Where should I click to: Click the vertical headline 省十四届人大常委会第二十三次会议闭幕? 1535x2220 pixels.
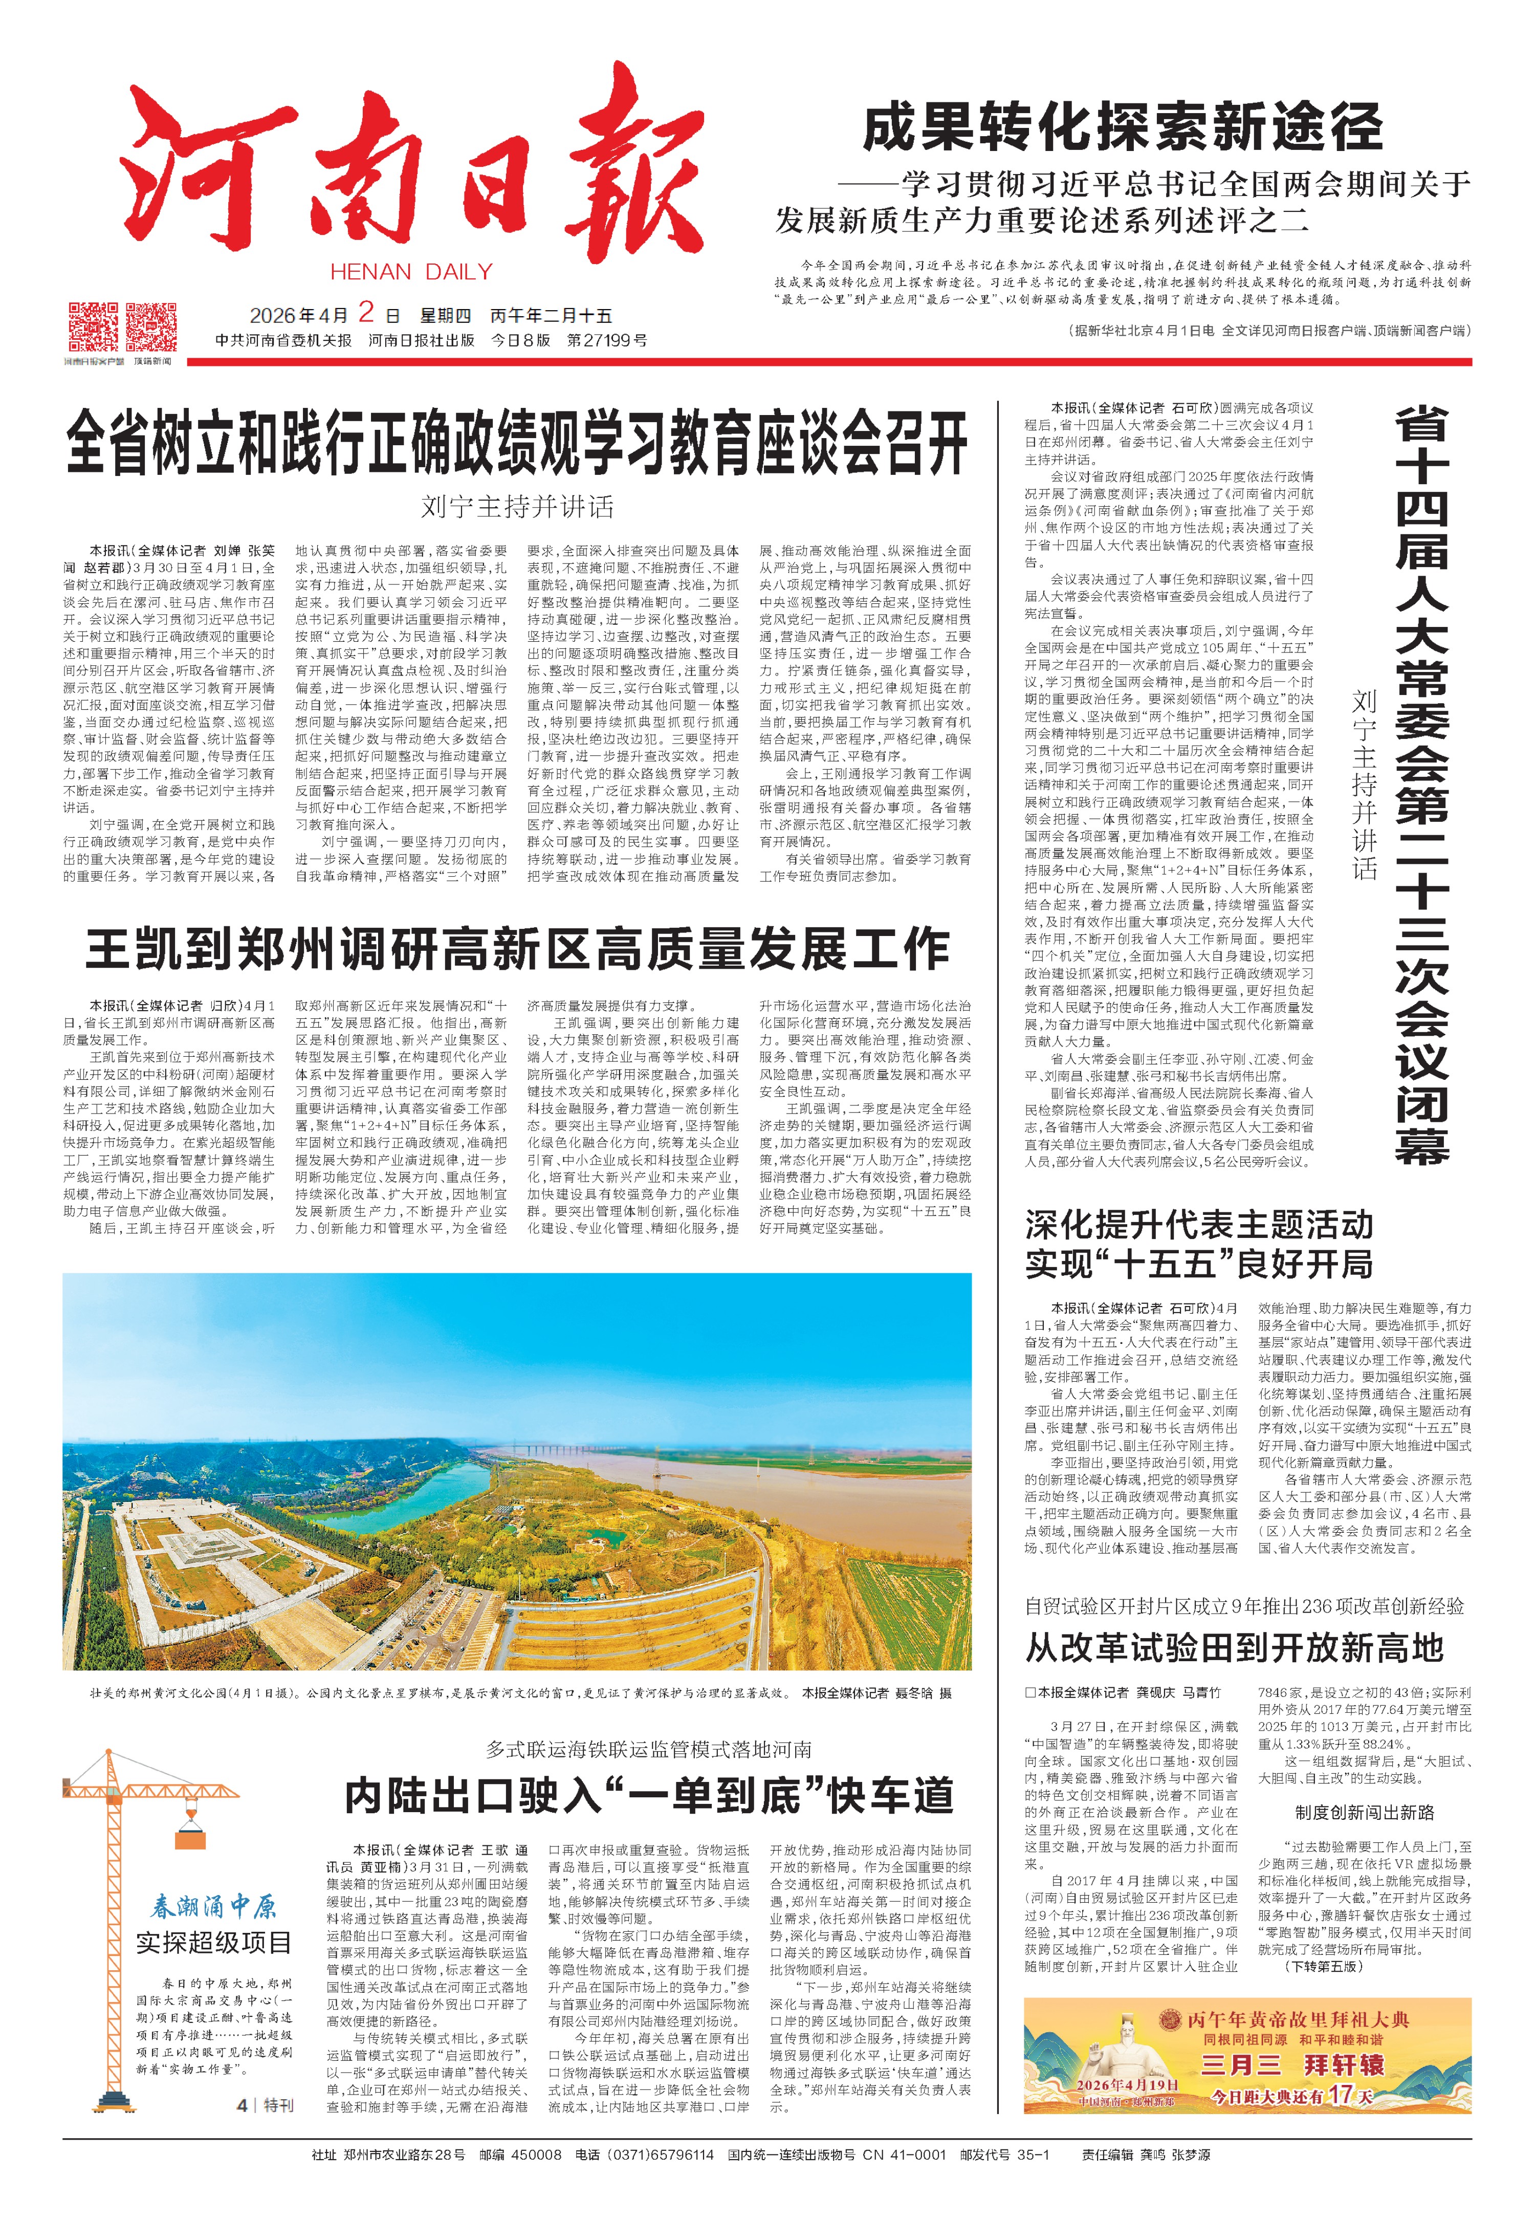click(1421, 784)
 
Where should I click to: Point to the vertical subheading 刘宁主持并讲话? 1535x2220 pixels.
click(1364, 784)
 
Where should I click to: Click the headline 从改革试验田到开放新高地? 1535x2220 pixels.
click(1234, 1648)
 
